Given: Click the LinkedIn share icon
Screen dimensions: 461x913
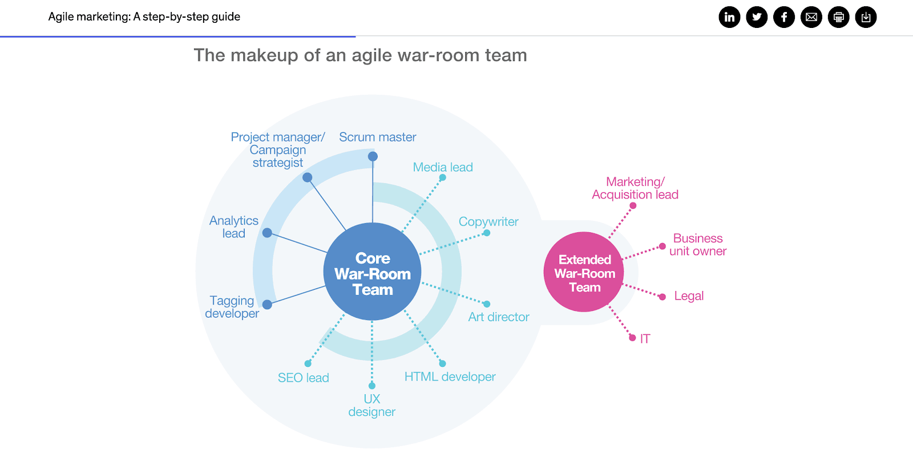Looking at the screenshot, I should (729, 17).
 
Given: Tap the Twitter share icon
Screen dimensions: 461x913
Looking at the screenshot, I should (757, 17).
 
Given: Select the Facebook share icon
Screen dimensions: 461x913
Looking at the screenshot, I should (784, 17).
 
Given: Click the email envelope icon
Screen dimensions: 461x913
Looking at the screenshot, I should (811, 17).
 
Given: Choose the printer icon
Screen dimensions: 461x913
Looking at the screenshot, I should (839, 17).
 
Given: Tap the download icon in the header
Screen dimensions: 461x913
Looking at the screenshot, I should (866, 17).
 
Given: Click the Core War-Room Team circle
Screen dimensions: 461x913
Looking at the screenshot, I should (372, 272).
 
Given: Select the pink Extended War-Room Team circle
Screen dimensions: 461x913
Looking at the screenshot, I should (584, 272).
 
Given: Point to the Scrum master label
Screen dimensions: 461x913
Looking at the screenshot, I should (377, 137).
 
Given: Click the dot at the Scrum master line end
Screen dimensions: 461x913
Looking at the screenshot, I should (373, 156).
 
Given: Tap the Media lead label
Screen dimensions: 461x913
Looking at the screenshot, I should (443, 167).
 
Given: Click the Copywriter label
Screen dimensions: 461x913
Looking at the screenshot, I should (488, 221).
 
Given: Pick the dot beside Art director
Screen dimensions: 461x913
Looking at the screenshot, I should (487, 304).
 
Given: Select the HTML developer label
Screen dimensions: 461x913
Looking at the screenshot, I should (450, 377).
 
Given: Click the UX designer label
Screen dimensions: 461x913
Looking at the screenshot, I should (371, 405).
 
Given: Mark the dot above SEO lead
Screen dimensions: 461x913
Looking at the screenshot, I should (308, 363).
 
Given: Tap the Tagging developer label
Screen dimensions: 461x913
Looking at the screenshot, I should (232, 307).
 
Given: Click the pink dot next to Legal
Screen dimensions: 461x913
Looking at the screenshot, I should (662, 297).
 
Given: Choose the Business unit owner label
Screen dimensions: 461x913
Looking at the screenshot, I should (697, 245).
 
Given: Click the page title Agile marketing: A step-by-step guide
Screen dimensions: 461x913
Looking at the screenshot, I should (144, 17).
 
